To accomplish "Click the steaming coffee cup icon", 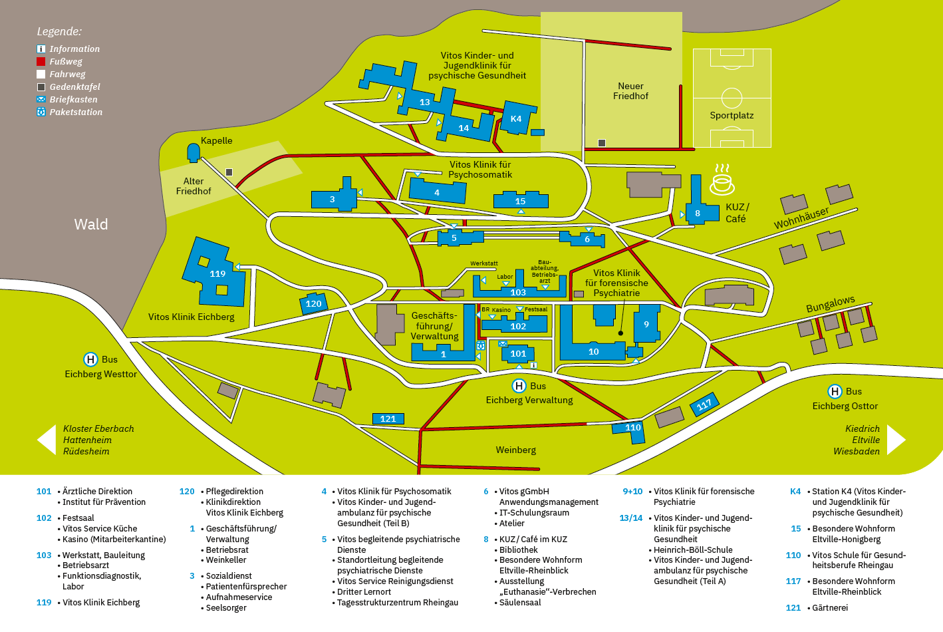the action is click(x=722, y=180).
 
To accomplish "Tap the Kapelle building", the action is click(x=194, y=153).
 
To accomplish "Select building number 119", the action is click(x=214, y=272).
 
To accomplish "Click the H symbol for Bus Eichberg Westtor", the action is click(x=90, y=360).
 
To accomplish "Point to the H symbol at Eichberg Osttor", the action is click(x=835, y=392).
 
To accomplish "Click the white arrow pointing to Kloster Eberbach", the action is click(x=47, y=440).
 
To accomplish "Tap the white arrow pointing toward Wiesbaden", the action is click(x=896, y=440).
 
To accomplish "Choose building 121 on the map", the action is click(x=388, y=418).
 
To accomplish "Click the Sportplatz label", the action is click(x=732, y=115).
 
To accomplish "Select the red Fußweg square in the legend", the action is click(x=41, y=61).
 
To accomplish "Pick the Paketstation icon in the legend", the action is click(x=41, y=112).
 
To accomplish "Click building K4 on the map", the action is click(x=517, y=118).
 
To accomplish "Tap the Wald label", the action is click(x=91, y=224).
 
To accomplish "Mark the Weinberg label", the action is click(x=515, y=450).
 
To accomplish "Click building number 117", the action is click(x=704, y=405).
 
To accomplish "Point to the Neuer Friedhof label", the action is click(x=630, y=91).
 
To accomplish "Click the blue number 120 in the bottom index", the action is click(x=187, y=492).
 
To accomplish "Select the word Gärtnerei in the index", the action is click(x=830, y=607).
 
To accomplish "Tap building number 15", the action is click(x=521, y=200).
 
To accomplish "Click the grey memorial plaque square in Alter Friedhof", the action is click(x=229, y=172).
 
